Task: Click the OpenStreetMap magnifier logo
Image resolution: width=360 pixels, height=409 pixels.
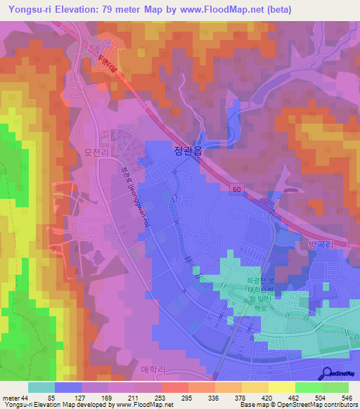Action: tap(326, 372)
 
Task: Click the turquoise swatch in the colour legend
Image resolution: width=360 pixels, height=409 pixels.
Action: tap(41, 387)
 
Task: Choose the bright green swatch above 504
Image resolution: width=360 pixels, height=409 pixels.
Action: tap(309, 387)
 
